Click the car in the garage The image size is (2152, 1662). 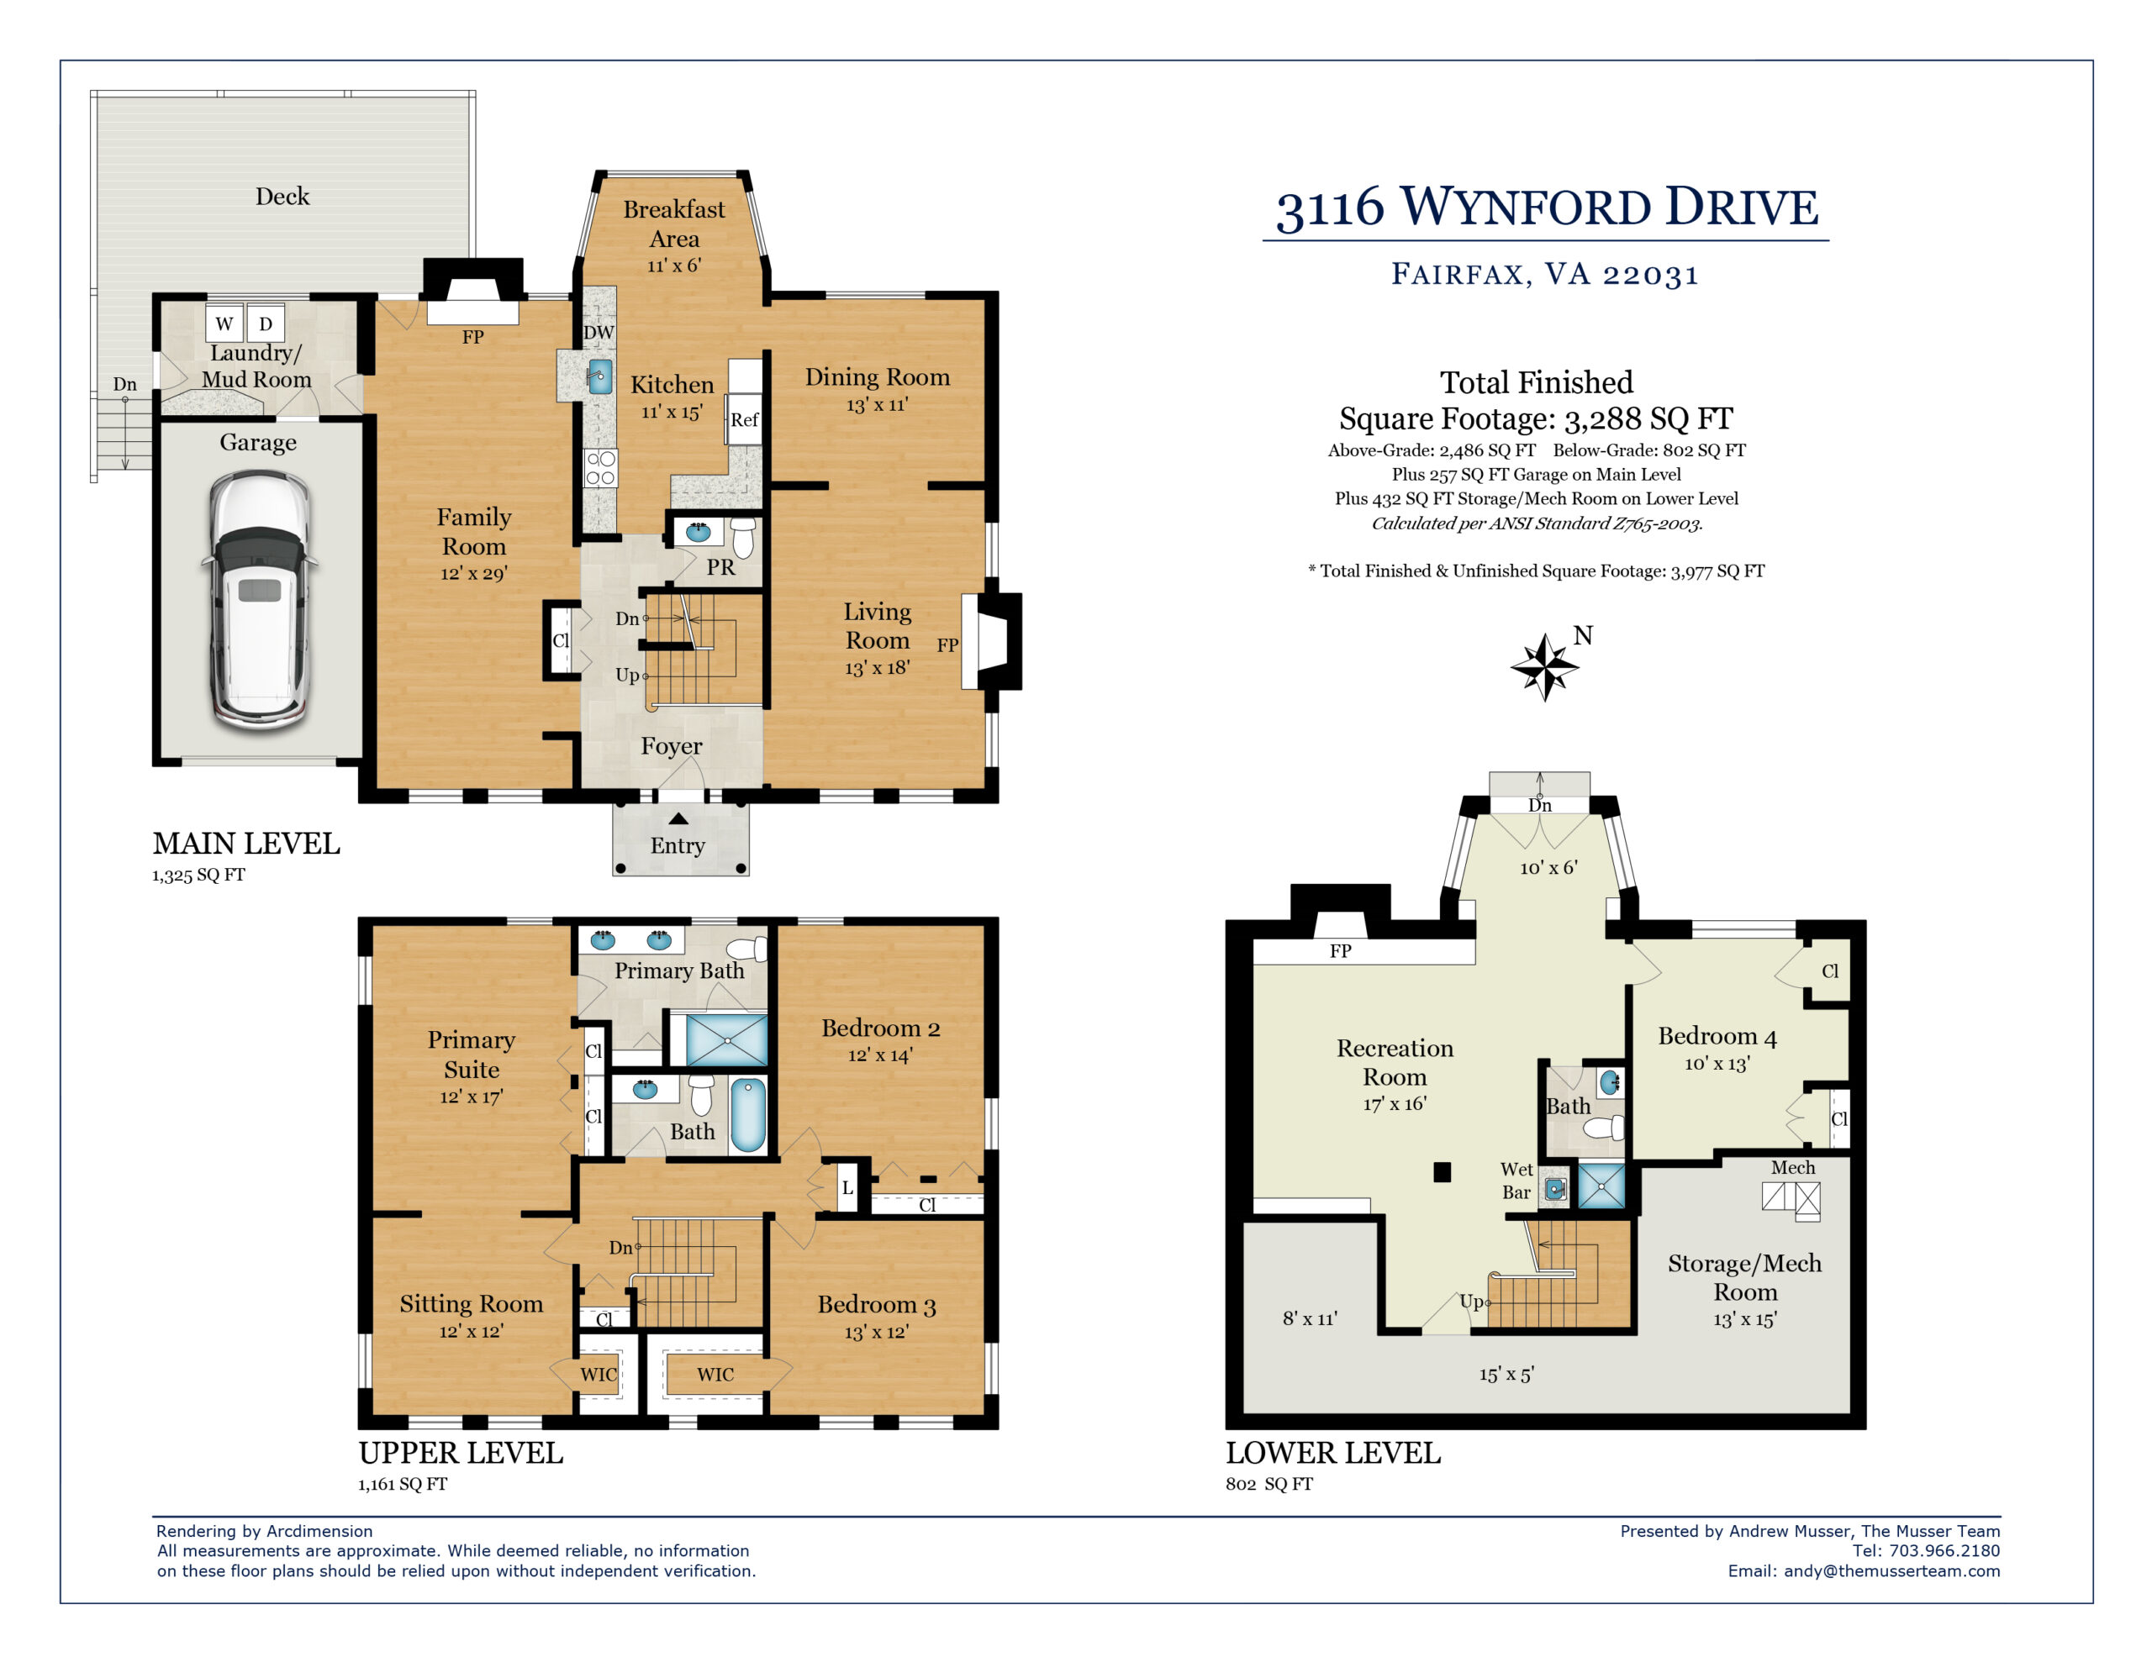pos(259,600)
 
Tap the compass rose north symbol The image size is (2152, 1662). pos(1545,666)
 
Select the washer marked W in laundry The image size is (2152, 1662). pos(224,323)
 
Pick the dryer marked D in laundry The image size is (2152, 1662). pos(265,323)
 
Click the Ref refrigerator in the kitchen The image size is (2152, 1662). pos(744,419)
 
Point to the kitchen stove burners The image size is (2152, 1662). pos(600,468)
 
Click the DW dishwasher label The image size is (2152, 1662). pos(599,333)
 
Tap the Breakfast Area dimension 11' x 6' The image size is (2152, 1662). pos(674,265)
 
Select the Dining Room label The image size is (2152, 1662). pos(877,377)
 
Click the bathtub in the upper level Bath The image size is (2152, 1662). pos(749,1114)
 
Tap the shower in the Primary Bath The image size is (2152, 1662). pos(727,1040)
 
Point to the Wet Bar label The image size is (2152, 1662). pos(1516,1181)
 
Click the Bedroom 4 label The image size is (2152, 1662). pos(1717,1036)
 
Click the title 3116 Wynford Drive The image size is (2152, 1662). pos(1547,208)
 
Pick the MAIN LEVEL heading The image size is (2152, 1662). pos(246,844)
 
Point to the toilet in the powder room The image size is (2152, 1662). pos(744,538)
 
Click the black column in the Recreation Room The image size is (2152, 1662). pos(1443,1172)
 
